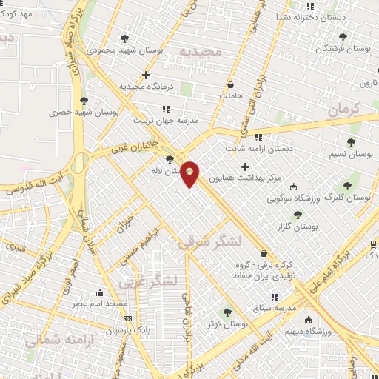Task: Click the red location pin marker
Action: tap(190, 173)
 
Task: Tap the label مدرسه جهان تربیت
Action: tap(167, 119)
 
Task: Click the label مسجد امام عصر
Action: tap(99, 303)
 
